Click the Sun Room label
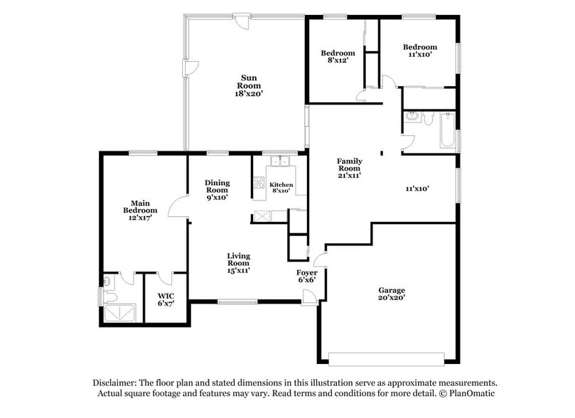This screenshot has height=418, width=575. coord(249,85)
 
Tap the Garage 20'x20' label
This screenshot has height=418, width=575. coord(391,294)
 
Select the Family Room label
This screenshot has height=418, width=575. coord(349,168)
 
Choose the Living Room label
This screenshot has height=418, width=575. coord(238,263)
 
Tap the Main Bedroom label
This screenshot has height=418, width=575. coord(139,210)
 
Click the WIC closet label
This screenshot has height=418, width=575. coord(166,299)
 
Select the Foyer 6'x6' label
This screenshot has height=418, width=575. coord(306,276)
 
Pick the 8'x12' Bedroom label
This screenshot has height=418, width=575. coord(337,57)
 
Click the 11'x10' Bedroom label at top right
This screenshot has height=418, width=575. coord(419,50)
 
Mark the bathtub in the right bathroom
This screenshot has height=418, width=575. coord(447,130)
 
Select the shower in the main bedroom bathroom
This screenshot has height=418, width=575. coord(119,313)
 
